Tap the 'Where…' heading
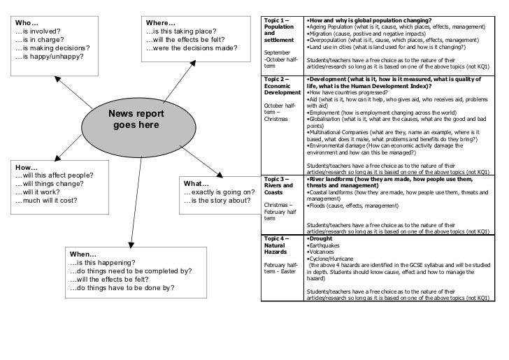[x=161, y=20]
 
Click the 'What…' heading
[x=196, y=184]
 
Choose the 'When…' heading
[x=83, y=253]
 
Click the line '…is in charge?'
[x=43, y=39]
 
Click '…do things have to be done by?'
[x=122, y=288]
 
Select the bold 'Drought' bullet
[x=321, y=239]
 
